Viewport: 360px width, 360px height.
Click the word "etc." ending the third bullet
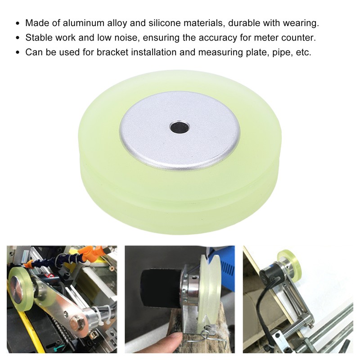tap(302, 52)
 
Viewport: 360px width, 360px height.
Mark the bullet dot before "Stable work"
tap(18, 38)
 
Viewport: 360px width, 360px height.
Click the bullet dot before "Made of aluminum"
tap(18, 23)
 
